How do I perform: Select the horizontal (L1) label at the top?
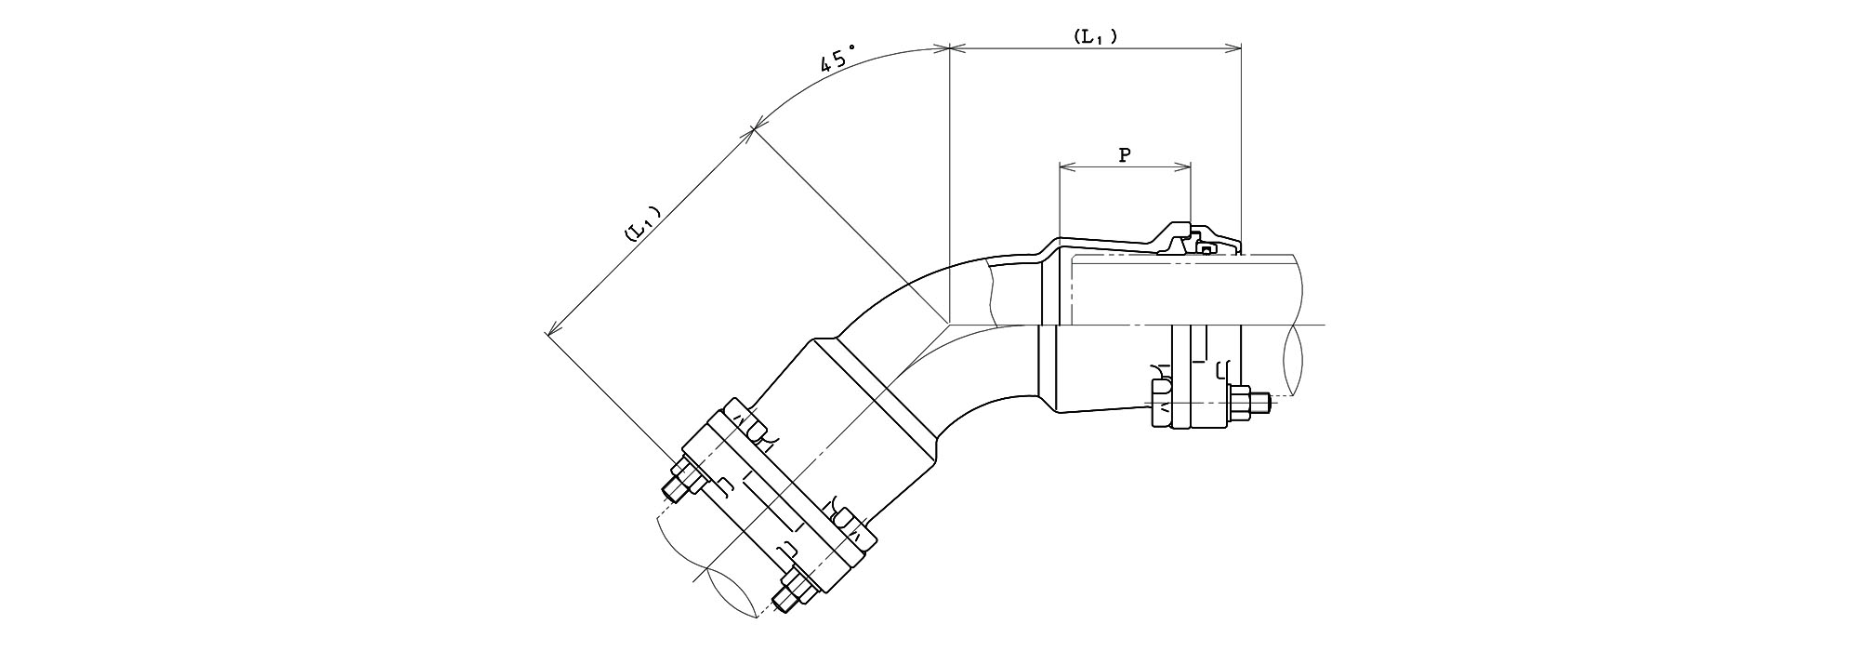tap(1095, 36)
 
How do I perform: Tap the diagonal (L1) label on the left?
tap(642, 223)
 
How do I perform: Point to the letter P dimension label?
tap(1124, 155)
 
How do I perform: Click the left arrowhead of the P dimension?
tap(1067, 168)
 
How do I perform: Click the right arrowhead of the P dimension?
tap(1182, 168)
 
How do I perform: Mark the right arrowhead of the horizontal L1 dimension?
tap(1234, 47)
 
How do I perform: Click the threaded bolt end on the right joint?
tap(1259, 403)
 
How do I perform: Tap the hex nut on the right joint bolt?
tap(1239, 403)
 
